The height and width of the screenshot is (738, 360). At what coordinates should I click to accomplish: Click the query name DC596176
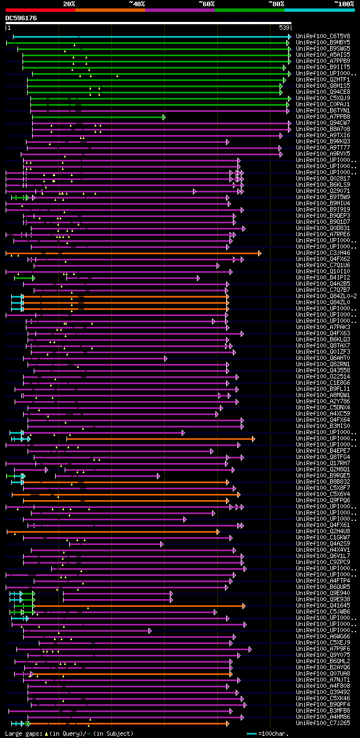pos(21,18)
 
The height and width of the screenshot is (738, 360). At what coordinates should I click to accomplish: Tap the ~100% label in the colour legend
pos(344,3)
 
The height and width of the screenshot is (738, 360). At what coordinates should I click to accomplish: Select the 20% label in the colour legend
pos(69,3)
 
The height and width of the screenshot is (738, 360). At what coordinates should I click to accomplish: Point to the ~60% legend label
pos(206,3)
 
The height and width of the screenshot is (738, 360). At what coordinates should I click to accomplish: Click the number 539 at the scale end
pos(284,28)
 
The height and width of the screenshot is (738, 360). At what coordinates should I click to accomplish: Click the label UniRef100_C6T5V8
pos(323,36)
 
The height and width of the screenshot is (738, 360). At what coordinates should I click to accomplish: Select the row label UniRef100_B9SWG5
pos(323,48)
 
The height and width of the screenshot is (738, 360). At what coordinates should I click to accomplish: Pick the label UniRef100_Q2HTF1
pos(323,79)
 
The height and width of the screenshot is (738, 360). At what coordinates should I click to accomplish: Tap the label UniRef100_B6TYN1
pos(323,110)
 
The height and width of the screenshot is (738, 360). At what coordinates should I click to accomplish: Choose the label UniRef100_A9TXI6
pos(323,135)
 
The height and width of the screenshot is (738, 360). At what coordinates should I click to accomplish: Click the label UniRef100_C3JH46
pos(323,253)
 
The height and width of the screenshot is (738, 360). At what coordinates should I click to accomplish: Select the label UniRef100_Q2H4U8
pos(323,531)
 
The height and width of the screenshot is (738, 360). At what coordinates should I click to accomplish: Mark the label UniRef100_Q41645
pos(323,605)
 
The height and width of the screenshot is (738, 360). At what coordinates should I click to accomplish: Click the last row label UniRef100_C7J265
pos(323,723)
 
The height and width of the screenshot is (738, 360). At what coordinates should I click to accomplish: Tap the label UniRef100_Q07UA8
pos(323,673)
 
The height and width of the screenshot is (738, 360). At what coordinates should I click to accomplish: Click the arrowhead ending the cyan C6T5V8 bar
pos(290,37)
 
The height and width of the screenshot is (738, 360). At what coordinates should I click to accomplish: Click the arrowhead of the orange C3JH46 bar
pos(259,253)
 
